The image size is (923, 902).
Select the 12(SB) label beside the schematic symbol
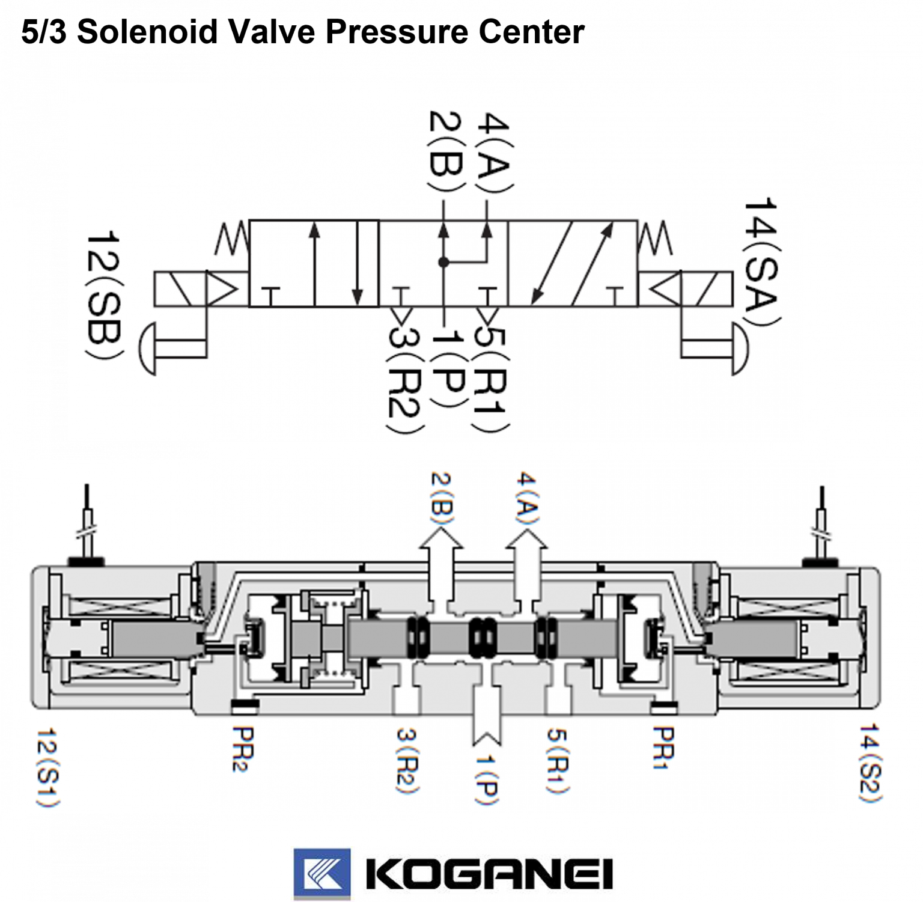pos(105,296)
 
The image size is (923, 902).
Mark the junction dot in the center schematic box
pos(443,262)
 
